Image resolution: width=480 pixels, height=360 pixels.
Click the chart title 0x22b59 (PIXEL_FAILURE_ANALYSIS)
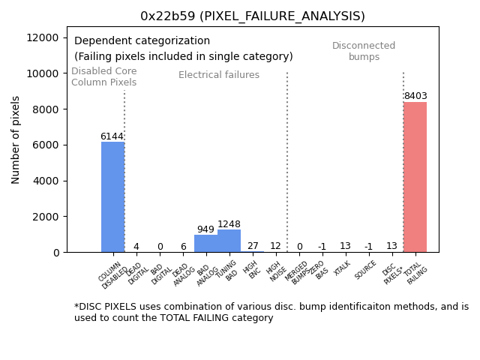[253, 16]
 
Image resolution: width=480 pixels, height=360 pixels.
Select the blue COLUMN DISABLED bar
[112, 196]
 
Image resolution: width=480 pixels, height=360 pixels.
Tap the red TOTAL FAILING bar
[415, 177]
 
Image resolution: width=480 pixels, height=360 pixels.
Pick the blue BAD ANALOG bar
[205, 243]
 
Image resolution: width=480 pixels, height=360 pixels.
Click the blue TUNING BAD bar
[229, 241]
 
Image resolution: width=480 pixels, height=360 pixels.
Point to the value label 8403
[415, 96]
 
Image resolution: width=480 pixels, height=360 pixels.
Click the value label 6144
[112, 136]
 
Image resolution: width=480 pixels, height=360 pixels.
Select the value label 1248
[229, 224]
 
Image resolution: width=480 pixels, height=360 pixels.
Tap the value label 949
[205, 229]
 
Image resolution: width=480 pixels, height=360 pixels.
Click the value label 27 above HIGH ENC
[253, 246]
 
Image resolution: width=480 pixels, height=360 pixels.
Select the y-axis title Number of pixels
[16, 139]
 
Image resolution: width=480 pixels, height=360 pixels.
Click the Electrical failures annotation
[219, 75]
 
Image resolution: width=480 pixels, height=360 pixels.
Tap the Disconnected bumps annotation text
[364, 51]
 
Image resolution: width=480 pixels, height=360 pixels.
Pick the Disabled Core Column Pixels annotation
[103, 76]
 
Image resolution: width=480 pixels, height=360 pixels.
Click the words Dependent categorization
[142, 41]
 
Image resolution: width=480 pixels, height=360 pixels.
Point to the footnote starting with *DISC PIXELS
[271, 312]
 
